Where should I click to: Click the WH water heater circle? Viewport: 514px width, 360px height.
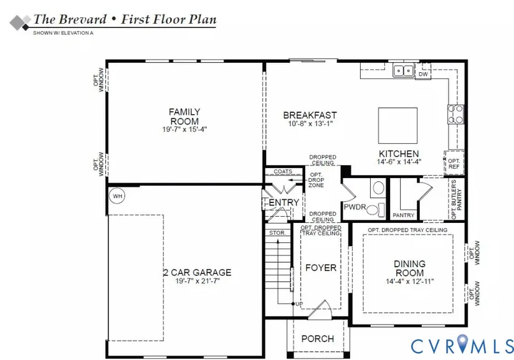click(117, 196)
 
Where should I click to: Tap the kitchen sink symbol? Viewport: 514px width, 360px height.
click(403, 70)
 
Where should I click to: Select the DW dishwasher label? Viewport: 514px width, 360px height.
click(423, 74)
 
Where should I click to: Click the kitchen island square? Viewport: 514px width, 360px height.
click(397, 125)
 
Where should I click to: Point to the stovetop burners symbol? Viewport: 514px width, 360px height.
click(455, 115)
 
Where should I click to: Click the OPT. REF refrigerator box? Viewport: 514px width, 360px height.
click(454, 163)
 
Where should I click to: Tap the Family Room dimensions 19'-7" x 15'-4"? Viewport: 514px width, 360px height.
click(184, 130)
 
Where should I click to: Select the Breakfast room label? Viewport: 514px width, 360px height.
click(310, 115)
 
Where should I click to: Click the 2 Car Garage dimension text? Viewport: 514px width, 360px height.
click(198, 281)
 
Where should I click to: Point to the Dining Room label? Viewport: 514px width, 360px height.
click(410, 268)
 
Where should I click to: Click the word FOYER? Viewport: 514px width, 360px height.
click(321, 268)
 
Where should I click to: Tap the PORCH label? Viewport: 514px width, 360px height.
click(318, 339)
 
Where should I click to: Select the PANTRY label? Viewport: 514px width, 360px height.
click(404, 216)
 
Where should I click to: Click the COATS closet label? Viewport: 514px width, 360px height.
click(283, 171)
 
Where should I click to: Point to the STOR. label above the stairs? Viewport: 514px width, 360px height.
click(277, 233)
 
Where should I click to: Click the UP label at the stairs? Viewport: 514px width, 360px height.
click(299, 304)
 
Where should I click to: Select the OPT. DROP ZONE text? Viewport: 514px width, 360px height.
click(316, 180)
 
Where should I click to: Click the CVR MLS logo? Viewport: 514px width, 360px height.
click(462, 344)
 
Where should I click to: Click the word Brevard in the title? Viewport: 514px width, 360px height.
click(83, 19)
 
